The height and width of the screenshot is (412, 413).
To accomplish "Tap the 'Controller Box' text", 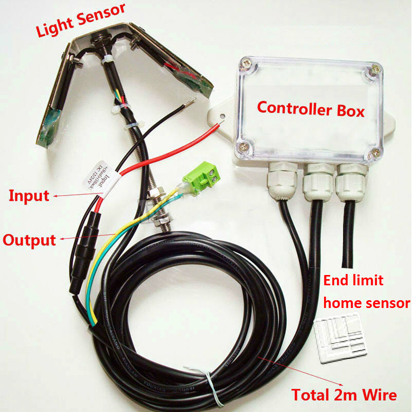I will coord(311,108).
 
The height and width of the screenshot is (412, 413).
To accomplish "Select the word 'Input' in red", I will coord(29,196).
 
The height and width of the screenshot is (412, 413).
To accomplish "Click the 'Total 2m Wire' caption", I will coord(344,395).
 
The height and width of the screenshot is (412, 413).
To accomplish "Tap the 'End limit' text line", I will coord(353,281).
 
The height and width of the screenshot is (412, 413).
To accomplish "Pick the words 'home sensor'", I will coord(366,303).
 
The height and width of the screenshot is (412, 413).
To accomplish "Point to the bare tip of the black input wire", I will coord(191,101).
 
